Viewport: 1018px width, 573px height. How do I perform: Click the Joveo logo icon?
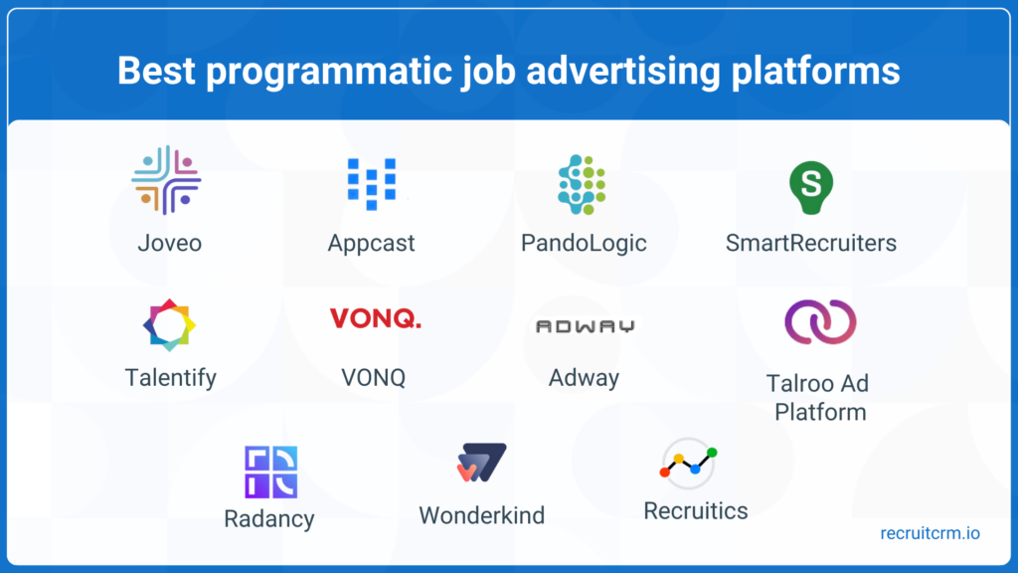click(x=167, y=180)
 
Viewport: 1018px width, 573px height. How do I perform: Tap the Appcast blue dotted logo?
click(x=371, y=182)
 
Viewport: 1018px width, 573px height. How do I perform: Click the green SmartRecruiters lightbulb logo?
click(x=810, y=185)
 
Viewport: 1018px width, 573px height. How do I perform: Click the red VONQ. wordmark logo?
click(x=375, y=318)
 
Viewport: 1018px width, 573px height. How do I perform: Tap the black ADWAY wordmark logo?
click(x=585, y=326)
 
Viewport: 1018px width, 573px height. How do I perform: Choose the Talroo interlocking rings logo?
click(x=820, y=322)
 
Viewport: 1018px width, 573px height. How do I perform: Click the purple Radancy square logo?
click(x=270, y=472)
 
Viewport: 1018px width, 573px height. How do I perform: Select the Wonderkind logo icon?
click(x=481, y=464)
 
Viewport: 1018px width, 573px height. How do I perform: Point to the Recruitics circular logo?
click(x=689, y=463)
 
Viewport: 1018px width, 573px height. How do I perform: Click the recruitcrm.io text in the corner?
click(x=930, y=533)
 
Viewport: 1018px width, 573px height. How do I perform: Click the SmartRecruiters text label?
click(x=810, y=243)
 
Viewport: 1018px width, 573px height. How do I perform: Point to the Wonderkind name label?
click(x=481, y=515)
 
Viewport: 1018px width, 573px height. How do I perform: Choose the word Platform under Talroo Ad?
click(x=820, y=412)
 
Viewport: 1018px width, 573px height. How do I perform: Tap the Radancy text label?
click(x=268, y=518)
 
